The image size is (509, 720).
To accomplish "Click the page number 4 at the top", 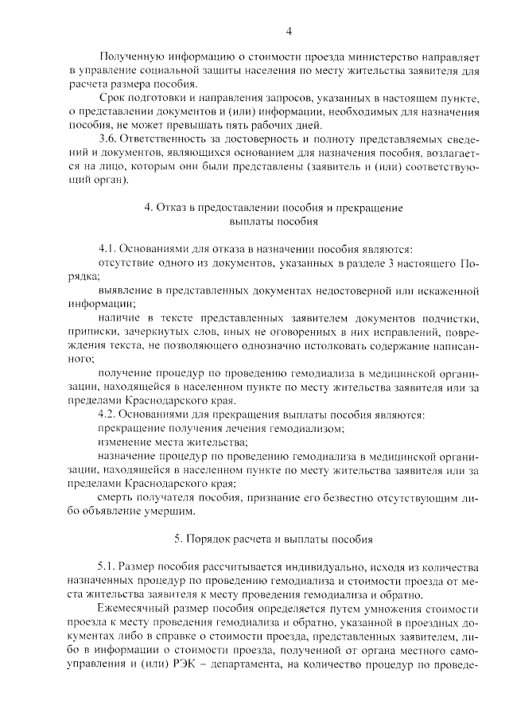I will coord(289,31).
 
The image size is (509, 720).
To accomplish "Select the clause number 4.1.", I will coord(107,249).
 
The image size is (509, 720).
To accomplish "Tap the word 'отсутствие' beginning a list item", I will coord(125,263).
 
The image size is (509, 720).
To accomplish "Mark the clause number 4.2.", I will coord(107,414).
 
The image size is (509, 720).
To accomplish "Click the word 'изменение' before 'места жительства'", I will coord(123,442).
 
